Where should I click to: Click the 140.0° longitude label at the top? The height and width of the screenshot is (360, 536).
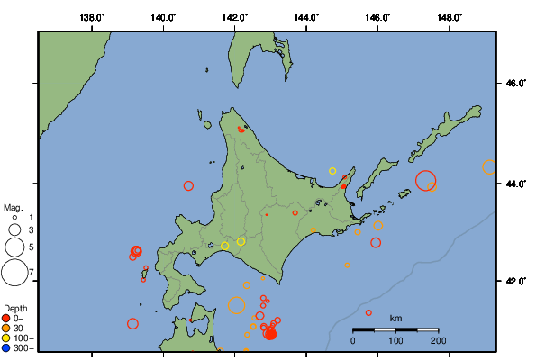pyautogui.click(x=163, y=17)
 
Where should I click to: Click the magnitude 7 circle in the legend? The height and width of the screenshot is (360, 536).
pyautogui.click(x=14, y=271)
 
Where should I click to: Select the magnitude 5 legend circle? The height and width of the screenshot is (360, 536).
pyautogui.click(x=14, y=246)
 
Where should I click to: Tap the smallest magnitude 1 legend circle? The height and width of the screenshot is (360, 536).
pyautogui.click(x=14, y=218)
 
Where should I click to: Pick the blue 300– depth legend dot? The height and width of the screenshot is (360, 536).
pyautogui.click(x=6, y=347)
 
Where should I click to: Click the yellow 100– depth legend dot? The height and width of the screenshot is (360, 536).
pyautogui.click(x=6, y=337)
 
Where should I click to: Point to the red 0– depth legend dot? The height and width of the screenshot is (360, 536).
pyautogui.click(x=6, y=318)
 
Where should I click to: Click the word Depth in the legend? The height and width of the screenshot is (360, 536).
pyautogui.click(x=14, y=308)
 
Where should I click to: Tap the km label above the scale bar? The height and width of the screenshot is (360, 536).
pyautogui.click(x=396, y=319)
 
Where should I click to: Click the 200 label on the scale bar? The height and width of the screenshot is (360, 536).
pyautogui.click(x=439, y=340)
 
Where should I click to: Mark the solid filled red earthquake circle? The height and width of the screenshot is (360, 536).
pyautogui.click(x=269, y=334)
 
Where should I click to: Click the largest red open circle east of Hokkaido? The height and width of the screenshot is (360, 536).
pyautogui.click(x=426, y=180)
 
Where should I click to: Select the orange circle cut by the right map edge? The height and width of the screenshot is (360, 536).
pyautogui.click(x=489, y=166)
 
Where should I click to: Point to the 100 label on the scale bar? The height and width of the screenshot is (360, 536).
pyautogui.click(x=395, y=340)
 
